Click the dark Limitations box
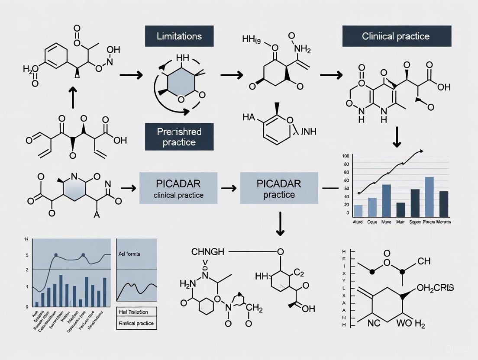coord(179,36)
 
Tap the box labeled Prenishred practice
coord(179,136)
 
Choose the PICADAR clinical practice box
coord(178,188)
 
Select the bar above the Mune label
coord(386,201)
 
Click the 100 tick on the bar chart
coord(345,156)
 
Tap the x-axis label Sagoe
coord(415,222)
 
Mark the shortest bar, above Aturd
coord(358,211)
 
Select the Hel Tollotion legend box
coord(133,312)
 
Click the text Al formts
coord(129,254)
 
